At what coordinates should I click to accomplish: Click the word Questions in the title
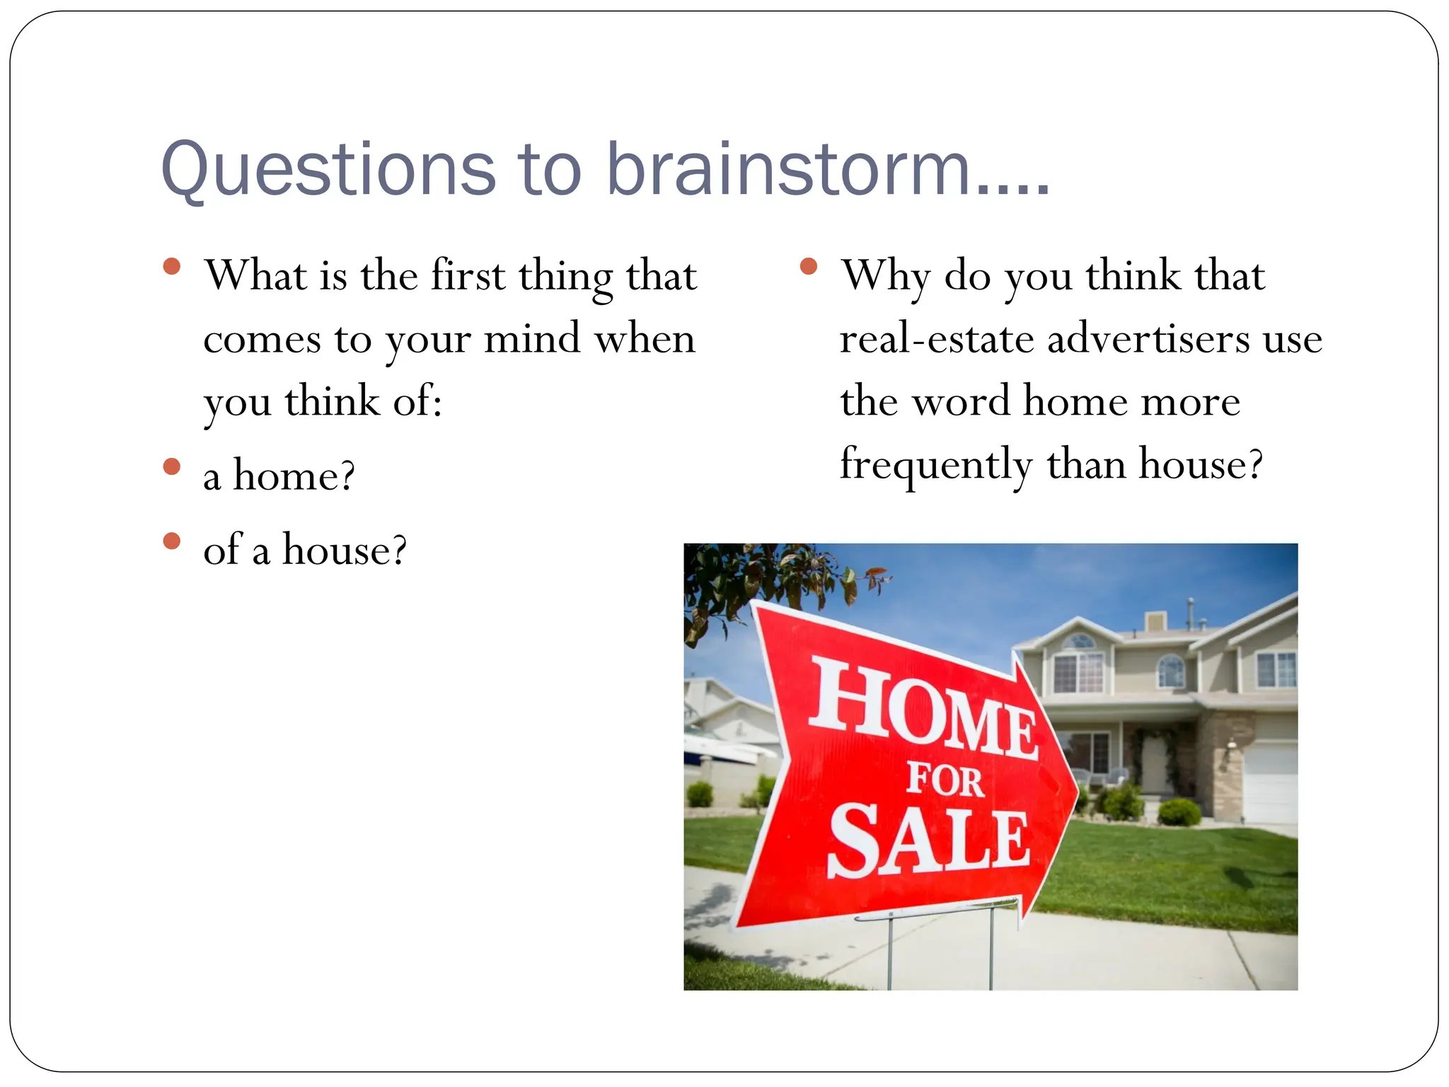(x=329, y=170)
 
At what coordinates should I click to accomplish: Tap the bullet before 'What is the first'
(x=171, y=267)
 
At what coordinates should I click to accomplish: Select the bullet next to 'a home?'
(x=171, y=466)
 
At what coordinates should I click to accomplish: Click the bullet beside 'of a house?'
(x=171, y=541)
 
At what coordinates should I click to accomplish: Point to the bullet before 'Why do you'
(x=809, y=267)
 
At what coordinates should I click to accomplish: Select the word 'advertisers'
(x=1148, y=339)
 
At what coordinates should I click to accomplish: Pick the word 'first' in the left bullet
(x=468, y=275)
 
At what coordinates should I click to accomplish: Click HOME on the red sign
(x=923, y=708)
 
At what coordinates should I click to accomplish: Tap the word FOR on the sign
(x=945, y=780)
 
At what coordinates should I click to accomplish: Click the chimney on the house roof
(x=1155, y=621)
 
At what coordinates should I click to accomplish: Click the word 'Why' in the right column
(x=884, y=276)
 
